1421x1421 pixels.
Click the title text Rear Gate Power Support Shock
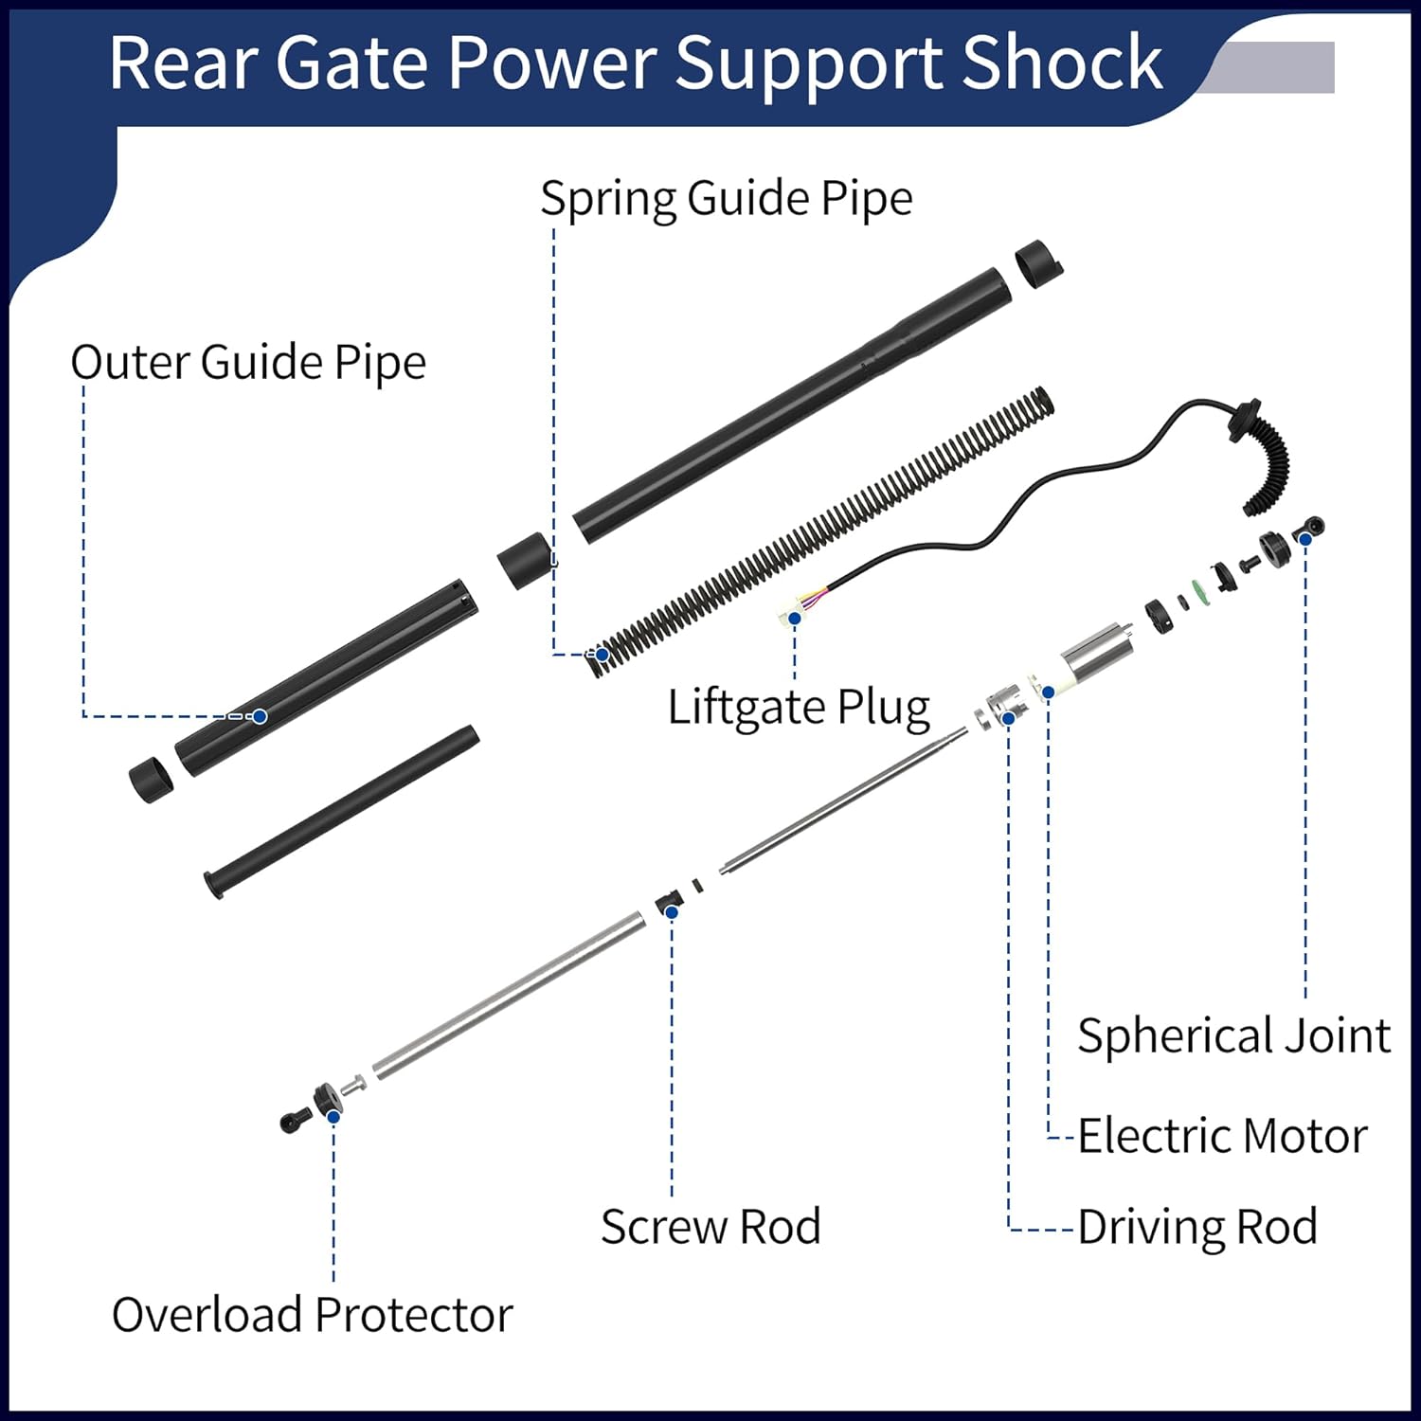pos(635,63)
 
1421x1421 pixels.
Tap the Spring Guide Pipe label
pos(726,199)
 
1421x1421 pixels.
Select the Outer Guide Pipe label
pos(248,363)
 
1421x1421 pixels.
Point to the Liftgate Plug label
pos(799,708)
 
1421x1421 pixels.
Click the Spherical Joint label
pos(1233,1035)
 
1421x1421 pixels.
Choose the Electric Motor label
pos(1222,1136)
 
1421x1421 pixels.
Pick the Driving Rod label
pos(1197,1228)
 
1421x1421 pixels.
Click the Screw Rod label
pos(710,1228)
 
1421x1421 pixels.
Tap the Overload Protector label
pos(312,1315)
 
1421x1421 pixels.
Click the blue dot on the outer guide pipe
pos(260,716)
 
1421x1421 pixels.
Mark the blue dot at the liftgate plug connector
pos(795,618)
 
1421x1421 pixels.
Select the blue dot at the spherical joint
pos(1304,539)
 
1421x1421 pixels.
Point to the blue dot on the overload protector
pos(333,1117)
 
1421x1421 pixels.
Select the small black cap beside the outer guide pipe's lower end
pos(151,780)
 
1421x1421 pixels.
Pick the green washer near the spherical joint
pos(1202,591)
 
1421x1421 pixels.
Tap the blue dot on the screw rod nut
pos(672,912)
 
